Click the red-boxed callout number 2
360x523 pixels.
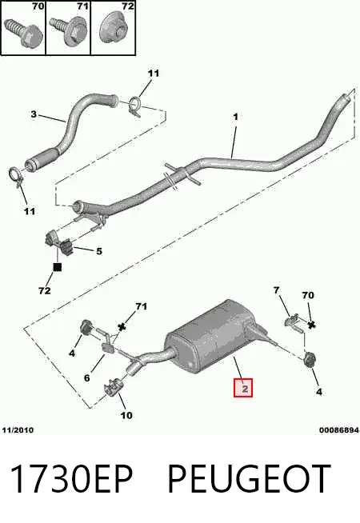(243, 388)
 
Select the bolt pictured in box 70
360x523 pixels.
(23, 32)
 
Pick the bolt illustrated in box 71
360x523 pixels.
(70, 31)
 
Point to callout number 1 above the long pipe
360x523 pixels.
(235, 117)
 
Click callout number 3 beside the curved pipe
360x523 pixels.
(34, 114)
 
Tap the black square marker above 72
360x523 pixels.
(58, 267)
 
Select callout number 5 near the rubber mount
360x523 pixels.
(99, 251)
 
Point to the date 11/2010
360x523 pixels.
(18, 430)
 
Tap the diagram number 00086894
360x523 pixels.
(339, 430)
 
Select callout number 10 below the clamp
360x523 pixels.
(126, 415)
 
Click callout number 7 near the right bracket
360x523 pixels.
(276, 290)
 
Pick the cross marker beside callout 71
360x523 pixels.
(122, 327)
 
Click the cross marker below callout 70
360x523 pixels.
(311, 325)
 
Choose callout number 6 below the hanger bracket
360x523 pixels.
(86, 378)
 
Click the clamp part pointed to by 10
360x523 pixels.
(114, 388)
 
